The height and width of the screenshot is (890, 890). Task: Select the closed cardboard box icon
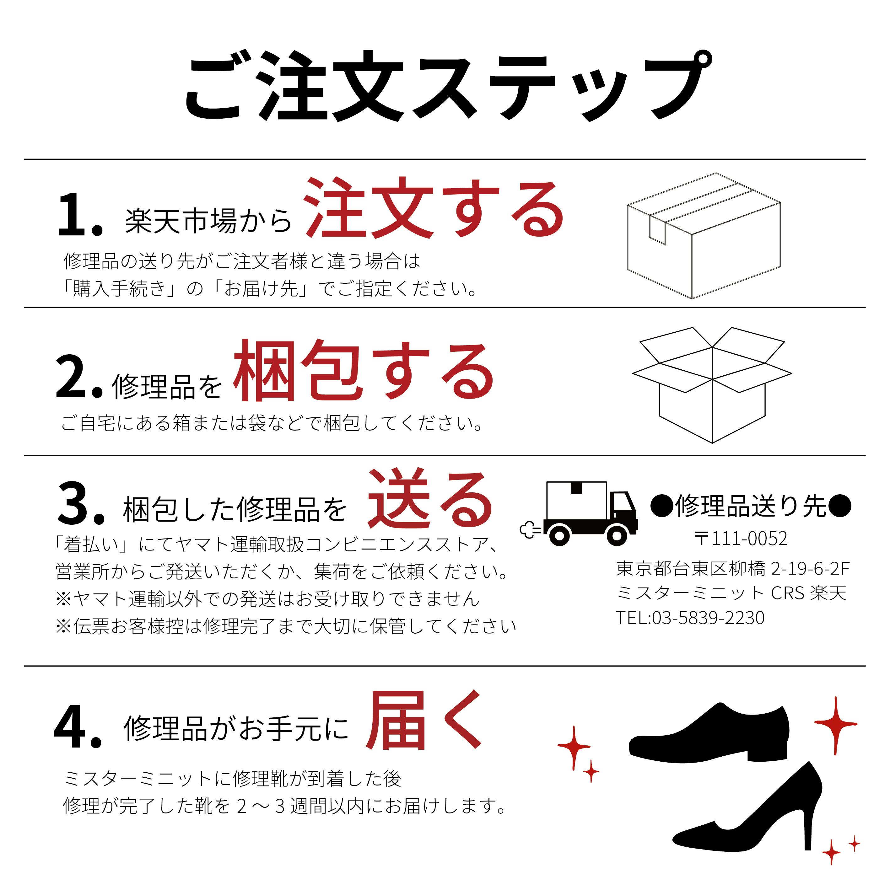[x=704, y=236]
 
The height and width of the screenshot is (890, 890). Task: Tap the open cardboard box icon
[x=712, y=385]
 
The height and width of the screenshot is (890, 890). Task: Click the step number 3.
[x=81, y=503]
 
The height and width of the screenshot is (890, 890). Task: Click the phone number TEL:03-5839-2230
[x=690, y=617]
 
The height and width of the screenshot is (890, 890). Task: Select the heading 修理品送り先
[x=751, y=506]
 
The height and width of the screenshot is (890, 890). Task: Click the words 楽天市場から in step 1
[x=208, y=221]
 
